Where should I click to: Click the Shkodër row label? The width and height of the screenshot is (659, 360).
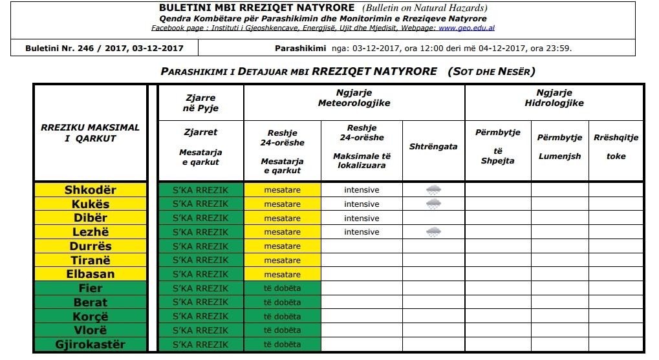coord(90,190)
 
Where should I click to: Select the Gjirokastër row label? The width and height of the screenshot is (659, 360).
coord(90,344)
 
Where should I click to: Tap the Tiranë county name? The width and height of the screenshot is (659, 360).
coord(90,260)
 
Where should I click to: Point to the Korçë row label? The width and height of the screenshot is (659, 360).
coord(90,317)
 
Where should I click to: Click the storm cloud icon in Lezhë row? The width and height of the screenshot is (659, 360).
coord(433,232)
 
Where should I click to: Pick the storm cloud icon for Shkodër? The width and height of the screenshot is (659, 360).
coord(433,190)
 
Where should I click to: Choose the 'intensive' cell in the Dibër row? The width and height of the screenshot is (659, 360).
coord(362,218)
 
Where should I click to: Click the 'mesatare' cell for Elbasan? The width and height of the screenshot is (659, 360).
coord(283,274)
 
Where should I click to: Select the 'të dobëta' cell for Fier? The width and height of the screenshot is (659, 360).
coord(283,288)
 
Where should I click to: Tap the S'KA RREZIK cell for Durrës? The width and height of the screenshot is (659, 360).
coord(200,246)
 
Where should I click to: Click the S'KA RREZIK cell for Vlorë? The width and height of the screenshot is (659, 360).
coord(200,330)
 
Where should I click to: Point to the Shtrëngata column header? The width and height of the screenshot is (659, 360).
coord(433,147)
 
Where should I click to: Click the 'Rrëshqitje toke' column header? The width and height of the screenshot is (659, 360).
coord(616,147)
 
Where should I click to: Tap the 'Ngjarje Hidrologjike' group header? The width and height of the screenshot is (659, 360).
coord(554,98)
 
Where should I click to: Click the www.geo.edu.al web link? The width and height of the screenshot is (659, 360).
coord(466,28)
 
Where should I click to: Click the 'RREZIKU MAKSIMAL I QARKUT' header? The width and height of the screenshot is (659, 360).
coord(90,133)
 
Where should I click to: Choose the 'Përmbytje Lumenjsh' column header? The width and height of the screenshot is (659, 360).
coord(559,147)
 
